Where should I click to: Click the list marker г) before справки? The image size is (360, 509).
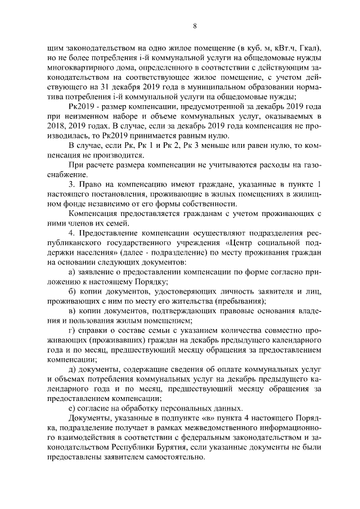coord(71,331)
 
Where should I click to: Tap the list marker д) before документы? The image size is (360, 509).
coord(72,369)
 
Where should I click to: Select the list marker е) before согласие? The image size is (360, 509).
coord(71,408)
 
